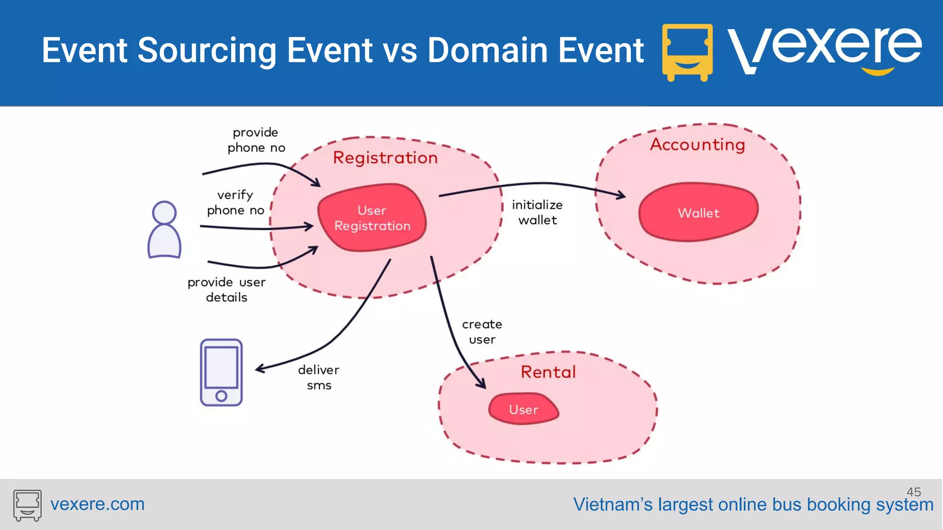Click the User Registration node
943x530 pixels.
point(372,218)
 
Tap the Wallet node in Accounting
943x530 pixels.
point(698,213)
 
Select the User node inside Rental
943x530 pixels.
point(524,409)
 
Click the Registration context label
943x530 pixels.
point(385,158)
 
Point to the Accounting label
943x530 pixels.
point(697,145)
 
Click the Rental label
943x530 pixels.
point(548,372)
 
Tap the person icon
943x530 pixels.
point(164,230)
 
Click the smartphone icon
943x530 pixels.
point(221,373)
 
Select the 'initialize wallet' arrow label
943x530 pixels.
point(537,212)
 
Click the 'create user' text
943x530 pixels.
point(482,332)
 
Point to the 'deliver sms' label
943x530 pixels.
point(319,377)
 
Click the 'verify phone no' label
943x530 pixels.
point(235,202)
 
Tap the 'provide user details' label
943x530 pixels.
point(227,289)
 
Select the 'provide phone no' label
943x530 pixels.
point(256,140)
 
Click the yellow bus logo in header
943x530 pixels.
point(687,52)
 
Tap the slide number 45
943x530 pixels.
point(914,491)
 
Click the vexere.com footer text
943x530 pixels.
point(97,504)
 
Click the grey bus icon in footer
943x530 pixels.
point(27,505)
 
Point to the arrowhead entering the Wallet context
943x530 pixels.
point(622,196)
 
